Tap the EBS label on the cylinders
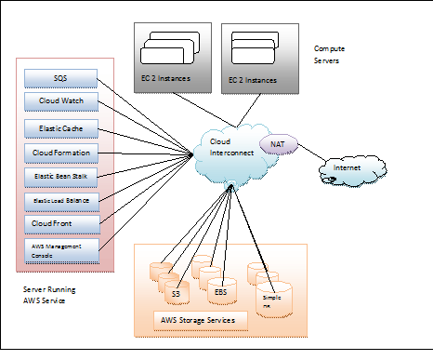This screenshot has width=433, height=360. (219, 291)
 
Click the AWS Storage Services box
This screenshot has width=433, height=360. (200, 321)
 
